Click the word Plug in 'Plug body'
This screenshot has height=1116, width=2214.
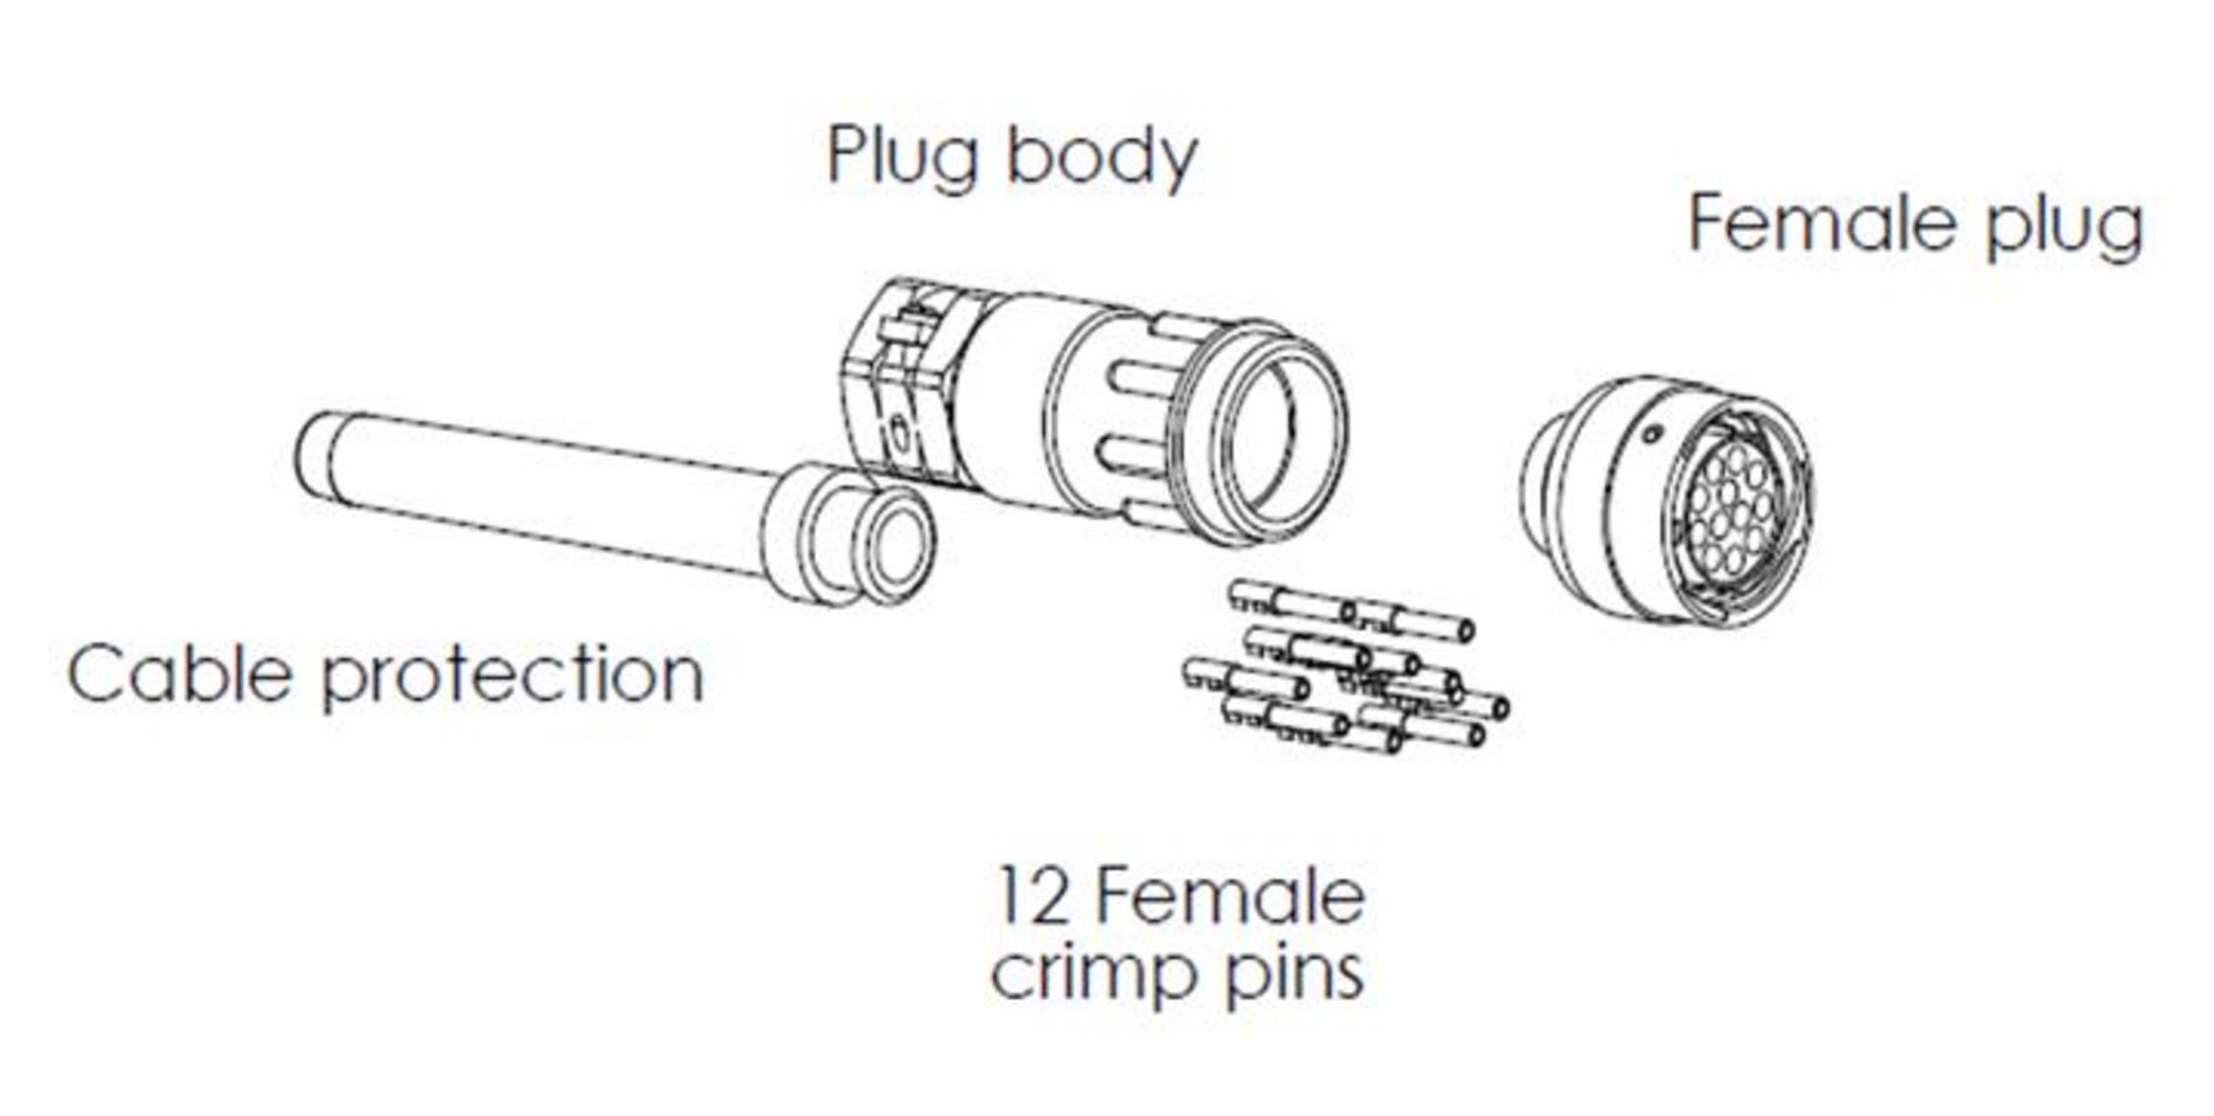[x=901, y=157]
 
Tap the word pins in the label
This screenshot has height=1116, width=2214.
[x=1295, y=976]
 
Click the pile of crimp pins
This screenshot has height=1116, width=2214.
[x=1348, y=669]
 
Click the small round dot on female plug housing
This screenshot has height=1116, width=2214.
[x=1654, y=432]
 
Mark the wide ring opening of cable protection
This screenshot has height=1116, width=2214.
[x=892, y=546]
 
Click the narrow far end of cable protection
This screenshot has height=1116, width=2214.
[x=313, y=453]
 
